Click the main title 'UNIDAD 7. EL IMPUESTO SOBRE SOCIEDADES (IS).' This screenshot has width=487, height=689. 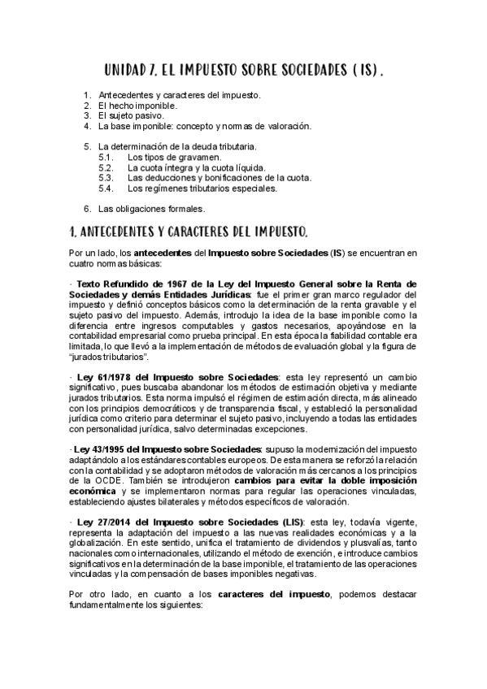click(x=244, y=71)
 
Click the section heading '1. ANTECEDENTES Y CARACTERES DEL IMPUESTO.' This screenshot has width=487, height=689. click(x=189, y=232)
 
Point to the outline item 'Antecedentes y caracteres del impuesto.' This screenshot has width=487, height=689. click(x=179, y=95)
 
